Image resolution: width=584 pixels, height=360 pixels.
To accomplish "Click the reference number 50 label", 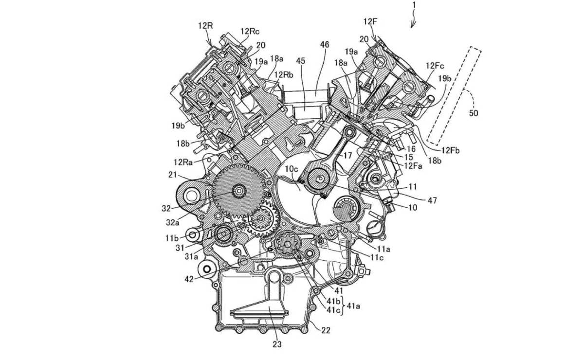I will tap(474, 113).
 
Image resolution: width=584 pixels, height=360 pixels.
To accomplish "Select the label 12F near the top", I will tap(370, 22).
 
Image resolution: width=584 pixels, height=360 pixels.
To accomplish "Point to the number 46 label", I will tap(325, 45).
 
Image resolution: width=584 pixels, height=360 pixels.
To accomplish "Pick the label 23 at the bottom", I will tap(276, 345).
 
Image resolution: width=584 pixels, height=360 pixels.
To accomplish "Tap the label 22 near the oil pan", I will tap(325, 330).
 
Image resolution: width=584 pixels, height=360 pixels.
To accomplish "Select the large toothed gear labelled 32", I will tap(238, 191).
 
